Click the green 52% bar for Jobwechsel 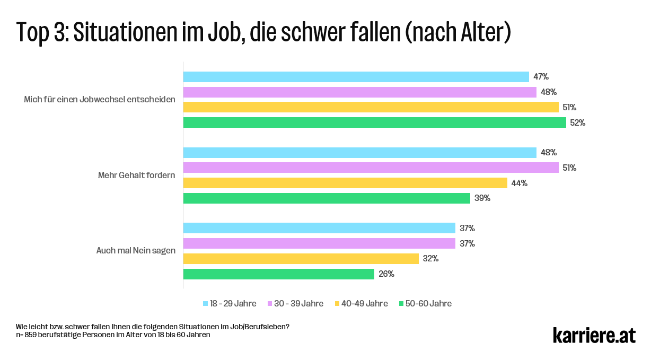374,122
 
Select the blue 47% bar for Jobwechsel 356,77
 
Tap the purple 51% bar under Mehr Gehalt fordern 371,168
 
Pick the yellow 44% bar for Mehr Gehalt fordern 345,183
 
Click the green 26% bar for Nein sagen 279,274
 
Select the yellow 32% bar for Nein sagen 301,259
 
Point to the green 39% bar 327,198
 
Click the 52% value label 577,122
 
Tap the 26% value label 386,274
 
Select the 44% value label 520,183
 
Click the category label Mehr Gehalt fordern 136,175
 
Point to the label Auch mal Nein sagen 136,251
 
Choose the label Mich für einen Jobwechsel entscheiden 100,100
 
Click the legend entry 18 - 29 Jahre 233,304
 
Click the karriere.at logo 594,335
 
